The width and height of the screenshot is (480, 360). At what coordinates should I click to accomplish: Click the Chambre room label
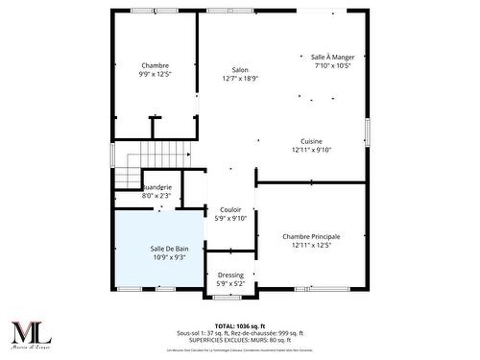point(155,64)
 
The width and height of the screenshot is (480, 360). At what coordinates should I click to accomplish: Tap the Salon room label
point(240,69)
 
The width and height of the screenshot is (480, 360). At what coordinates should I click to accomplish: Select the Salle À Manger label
point(332,58)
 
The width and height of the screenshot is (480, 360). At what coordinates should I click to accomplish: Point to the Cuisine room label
point(311,141)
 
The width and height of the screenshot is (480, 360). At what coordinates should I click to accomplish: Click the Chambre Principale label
point(311,236)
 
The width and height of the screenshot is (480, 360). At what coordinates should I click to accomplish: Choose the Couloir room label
point(230,209)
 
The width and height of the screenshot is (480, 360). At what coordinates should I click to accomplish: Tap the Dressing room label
point(230,275)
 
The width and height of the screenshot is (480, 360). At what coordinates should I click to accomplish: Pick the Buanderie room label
point(156,187)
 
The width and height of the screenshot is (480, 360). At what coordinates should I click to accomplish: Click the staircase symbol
point(128,165)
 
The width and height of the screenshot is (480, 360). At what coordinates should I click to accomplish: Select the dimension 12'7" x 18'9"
point(240,78)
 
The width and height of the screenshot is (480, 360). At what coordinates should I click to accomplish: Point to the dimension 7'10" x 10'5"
point(332,66)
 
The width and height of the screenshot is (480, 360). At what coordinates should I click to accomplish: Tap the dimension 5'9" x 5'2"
point(230,283)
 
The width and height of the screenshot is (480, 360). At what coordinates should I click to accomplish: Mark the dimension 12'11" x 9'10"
point(311,150)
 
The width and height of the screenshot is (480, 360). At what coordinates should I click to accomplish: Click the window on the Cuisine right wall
point(367,132)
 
